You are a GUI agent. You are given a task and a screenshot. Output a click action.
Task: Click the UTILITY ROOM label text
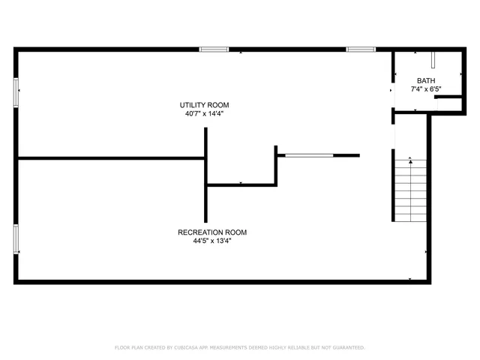[x=204, y=105]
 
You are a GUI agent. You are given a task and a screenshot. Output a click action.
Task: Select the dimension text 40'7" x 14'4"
[x=204, y=114]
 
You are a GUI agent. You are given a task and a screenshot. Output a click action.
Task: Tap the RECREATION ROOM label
[x=211, y=232]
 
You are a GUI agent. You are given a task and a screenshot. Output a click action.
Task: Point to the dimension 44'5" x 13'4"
[x=211, y=241]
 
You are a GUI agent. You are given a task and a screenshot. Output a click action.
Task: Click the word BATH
[x=426, y=81]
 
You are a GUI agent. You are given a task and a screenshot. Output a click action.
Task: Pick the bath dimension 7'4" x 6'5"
[x=426, y=89]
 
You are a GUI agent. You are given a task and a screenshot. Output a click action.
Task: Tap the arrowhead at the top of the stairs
[x=410, y=160]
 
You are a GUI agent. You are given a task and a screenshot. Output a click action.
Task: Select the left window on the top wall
[x=214, y=49]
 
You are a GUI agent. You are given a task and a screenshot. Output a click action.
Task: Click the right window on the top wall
[x=360, y=49]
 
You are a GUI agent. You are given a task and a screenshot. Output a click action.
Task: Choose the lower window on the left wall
[x=16, y=238]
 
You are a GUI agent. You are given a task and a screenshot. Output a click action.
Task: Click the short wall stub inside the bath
[x=448, y=97]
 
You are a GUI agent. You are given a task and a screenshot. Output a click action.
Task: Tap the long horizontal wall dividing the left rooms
[x=111, y=158]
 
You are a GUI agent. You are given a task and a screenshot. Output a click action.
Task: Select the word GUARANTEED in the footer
[x=346, y=348]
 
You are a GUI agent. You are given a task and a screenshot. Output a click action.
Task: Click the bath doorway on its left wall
[x=393, y=91]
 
